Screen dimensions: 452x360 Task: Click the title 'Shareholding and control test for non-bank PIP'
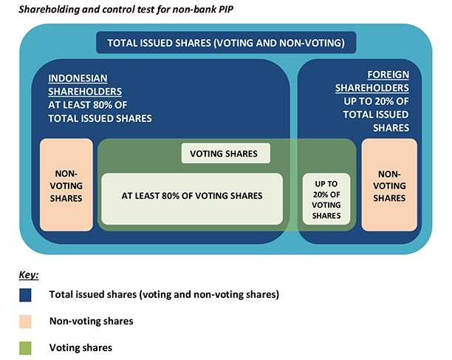(x=126, y=9)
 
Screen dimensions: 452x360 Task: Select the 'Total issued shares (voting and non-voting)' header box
(x=226, y=43)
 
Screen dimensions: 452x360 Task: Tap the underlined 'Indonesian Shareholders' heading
(x=85, y=85)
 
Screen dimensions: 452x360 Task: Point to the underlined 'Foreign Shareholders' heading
(x=371, y=81)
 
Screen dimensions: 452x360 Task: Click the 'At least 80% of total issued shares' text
(x=100, y=112)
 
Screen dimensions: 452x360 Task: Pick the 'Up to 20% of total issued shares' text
(x=376, y=115)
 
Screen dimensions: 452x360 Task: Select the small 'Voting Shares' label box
(x=226, y=153)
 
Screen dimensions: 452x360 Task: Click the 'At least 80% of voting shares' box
(x=192, y=199)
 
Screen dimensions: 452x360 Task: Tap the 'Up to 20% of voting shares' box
(x=326, y=199)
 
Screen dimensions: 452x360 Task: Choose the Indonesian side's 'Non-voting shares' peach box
(x=66, y=185)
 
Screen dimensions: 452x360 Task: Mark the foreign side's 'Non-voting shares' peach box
(x=389, y=185)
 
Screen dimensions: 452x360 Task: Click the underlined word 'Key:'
(x=29, y=275)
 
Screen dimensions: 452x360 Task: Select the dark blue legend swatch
(x=25, y=295)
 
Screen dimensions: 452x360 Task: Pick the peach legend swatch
(x=25, y=322)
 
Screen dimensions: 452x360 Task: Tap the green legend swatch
(x=25, y=348)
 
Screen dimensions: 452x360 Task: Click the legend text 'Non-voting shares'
(x=92, y=321)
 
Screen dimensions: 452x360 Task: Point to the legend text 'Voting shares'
(x=81, y=347)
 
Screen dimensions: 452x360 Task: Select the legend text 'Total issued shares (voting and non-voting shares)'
(x=164, y=294)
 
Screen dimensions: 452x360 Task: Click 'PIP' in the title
(x=225, y=9)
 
